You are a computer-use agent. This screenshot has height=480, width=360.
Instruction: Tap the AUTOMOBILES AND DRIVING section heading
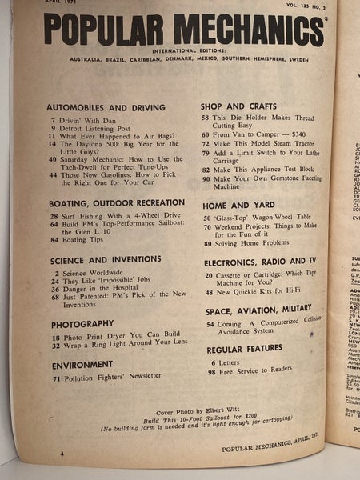coord(106,106)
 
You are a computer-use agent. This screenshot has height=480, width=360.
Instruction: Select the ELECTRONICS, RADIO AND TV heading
coord(263,262)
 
